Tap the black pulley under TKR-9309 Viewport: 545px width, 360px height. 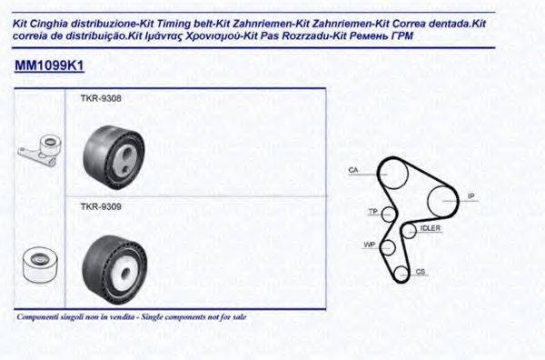point(112,266)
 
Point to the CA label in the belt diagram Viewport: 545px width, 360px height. point(354,170)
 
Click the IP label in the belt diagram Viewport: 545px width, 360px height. point(471,195)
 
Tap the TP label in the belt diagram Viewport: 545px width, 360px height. point(372,211)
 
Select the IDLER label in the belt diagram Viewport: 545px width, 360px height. point(430,229)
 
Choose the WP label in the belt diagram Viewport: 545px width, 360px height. point(368,245)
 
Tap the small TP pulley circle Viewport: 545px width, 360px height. point(388,214)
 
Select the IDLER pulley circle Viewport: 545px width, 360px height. point(405,231)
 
